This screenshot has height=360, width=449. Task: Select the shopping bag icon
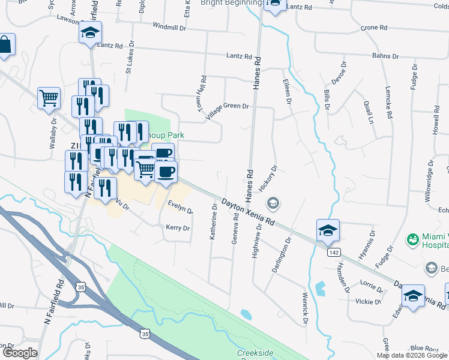tap(5, 46)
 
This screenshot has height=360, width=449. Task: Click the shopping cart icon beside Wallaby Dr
tap(49, 98)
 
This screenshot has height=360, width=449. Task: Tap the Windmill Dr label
tap(170, 26)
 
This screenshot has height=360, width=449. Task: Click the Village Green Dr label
tap(228, 106)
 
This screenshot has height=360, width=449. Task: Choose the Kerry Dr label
tap(178, 228)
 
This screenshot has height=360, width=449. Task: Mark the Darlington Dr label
tap(281, 255)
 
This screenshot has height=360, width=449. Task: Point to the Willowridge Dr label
tap(429, 180)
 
